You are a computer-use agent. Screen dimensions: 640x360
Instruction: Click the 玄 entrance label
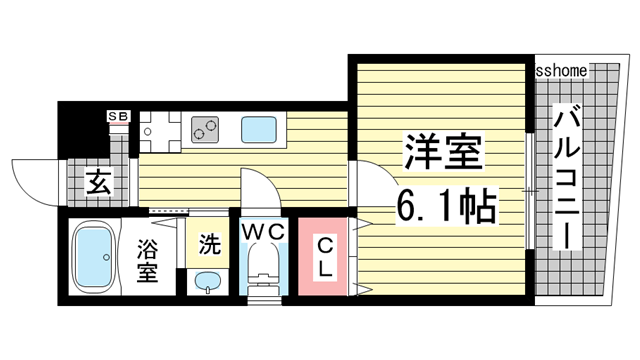[x=96, y=183]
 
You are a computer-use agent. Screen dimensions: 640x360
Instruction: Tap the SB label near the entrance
[x=118, y=117]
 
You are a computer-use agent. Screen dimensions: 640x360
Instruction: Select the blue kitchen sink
[x=260, y=129]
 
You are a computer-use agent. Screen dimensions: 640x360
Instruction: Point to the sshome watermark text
[x=562, y=71]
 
